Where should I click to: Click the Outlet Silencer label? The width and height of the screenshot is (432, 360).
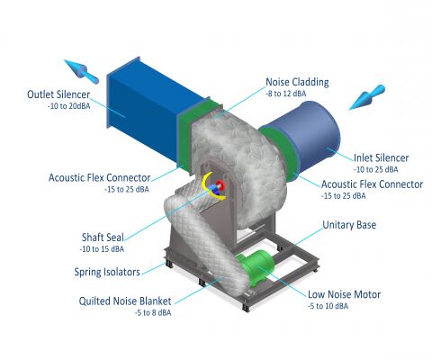(58, 94)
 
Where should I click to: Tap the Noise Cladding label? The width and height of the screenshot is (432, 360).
(297, 82)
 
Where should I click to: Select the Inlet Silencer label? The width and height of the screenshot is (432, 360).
(381, 157)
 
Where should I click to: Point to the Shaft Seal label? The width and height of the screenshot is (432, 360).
(103, 238)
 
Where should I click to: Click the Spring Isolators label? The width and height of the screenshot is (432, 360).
(107, 272)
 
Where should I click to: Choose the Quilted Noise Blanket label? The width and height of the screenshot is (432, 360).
(125, 301)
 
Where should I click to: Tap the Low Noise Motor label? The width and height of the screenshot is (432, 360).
(344, 294)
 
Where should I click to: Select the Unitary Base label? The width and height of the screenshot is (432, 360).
(349, 225)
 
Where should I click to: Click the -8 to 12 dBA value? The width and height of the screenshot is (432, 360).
(285, 94)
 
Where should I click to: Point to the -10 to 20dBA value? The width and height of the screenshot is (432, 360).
(68, 106)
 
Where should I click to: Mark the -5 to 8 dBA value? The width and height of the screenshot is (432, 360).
(153, 312)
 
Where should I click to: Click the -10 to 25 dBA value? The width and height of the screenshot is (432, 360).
(375, 169)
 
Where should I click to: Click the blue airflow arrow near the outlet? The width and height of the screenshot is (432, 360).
(81, 71)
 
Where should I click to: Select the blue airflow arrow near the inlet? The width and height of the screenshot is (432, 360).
(366, 97)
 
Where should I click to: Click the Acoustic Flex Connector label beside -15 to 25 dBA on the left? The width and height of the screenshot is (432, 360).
(99, 177)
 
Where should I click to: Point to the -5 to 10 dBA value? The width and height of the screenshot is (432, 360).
(328, 306)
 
